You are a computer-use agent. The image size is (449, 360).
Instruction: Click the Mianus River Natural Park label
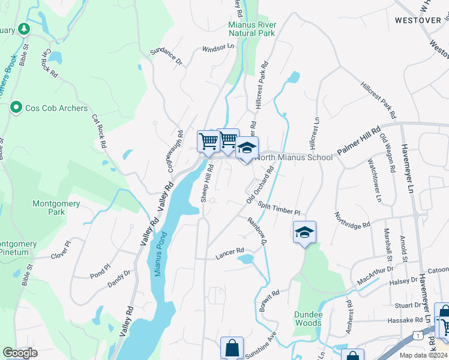coord(252,29)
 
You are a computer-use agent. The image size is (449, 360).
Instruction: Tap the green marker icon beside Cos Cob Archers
coord(16,108)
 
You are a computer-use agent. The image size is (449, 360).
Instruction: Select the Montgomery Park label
coord(56,208)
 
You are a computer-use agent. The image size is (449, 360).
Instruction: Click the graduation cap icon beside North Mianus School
coord(247,148)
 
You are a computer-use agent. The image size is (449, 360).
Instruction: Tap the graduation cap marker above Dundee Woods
coord(304,232)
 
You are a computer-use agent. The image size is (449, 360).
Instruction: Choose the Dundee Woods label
coord(309,319)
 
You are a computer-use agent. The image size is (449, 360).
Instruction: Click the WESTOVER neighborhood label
coord(418,20)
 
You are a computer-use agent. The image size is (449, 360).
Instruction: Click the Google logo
coord(20,352)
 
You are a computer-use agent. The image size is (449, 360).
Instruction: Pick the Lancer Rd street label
coord(230,250)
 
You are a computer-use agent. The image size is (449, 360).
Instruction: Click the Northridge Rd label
coord(352,221)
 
